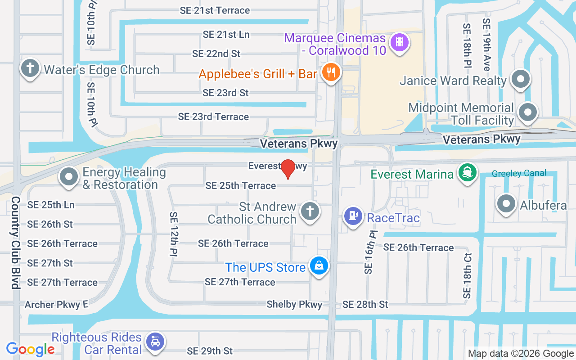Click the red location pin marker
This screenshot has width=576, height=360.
(288, 169)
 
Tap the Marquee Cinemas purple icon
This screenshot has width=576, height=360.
(399, 43)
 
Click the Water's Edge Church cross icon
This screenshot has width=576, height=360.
(30, 68)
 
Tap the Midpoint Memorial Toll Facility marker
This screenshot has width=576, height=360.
(528, 112)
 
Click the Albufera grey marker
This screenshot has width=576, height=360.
(506, 204)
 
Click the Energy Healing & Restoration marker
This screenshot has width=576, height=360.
(69, 177)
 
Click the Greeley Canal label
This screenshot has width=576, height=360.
(519, 173)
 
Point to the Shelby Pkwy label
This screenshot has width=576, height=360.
(294, 305)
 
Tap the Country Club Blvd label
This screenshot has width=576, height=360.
(15, 243)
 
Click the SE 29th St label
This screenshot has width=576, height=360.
(210, 351)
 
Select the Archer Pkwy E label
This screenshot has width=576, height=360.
(56, 305)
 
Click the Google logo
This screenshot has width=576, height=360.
(31, 349)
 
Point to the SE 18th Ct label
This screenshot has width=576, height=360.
(467, 276)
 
